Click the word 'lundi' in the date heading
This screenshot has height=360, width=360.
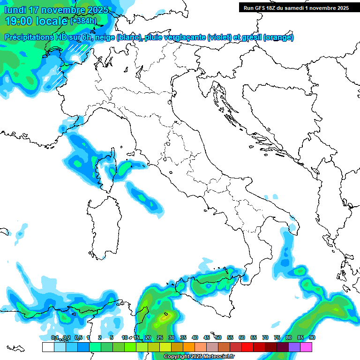pos(15,10)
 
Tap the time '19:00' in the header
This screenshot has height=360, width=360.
pos(20,21)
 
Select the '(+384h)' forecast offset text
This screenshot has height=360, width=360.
pos(83,21)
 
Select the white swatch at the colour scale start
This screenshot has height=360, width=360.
pos(48,347)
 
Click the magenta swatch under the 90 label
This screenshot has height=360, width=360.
pos(306,347)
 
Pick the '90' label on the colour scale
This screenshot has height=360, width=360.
pos(312,338)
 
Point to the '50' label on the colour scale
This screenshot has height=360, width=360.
pos(218,338)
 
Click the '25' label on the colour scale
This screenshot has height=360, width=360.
pos(160,338)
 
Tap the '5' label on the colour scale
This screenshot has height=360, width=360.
pos(112,338)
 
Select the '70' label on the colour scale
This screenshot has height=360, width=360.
pos(265,338)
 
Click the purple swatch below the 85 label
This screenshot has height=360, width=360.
pos(294,347)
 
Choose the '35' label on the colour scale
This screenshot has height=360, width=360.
pos(183,338)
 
